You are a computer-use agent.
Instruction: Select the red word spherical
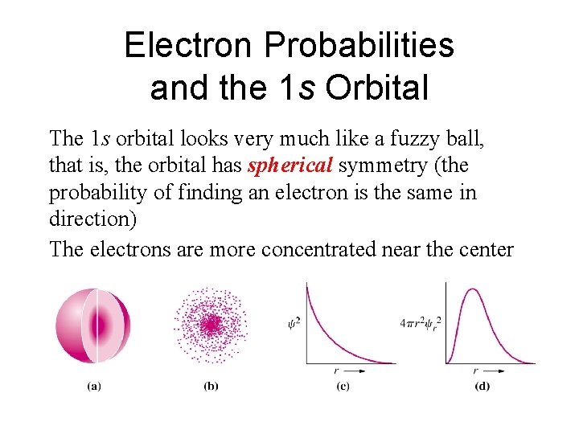click(290, 166)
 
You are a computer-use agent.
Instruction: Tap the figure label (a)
click(94, 386)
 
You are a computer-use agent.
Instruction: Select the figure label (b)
click(211, 386)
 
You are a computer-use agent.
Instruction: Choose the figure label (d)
click(482, 386)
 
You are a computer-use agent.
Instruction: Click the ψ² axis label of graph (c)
click(294, 324)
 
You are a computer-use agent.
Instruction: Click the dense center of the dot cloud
click(211, 324)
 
